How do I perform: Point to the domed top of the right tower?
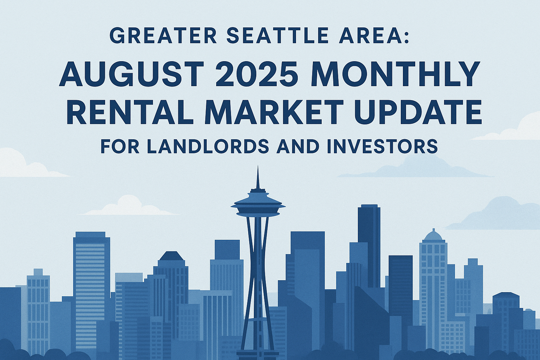433,235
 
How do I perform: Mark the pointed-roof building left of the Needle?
171,260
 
